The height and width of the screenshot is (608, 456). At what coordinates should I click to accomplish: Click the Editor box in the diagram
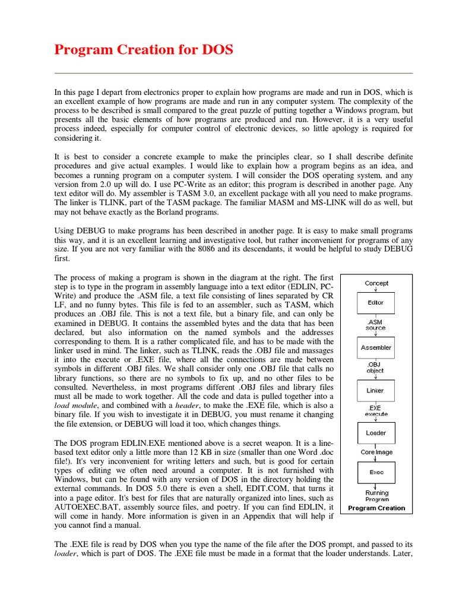coord(376,303)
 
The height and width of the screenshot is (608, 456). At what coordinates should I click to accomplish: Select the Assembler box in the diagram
coord(376,348)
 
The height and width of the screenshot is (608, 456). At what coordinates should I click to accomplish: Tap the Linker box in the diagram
coord(376,391)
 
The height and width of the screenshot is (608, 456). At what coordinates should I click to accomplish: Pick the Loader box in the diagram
coord(376,433)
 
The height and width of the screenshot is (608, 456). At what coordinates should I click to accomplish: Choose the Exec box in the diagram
coord(376,473)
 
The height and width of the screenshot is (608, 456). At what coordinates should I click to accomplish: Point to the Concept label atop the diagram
coord(376,283)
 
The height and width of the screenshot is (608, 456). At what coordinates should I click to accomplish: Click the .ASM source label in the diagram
coord(375,325)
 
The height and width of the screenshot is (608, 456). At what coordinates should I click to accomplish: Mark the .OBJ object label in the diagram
coord(375,368)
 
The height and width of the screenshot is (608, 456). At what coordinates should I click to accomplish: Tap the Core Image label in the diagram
coord(376,452)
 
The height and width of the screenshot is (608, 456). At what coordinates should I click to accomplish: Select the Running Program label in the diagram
coord(376,496)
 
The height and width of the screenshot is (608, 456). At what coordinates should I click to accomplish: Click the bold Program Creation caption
coord(376,508)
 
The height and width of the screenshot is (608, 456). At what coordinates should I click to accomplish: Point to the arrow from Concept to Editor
coord(376,290)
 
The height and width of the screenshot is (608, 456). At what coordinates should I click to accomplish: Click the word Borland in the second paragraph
coord(191,213)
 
